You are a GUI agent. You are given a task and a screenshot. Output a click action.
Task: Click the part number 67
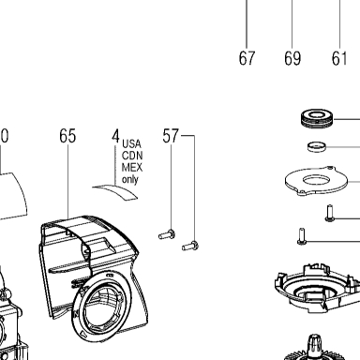point(247,58)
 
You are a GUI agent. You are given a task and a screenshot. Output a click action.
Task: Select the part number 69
point(292,58)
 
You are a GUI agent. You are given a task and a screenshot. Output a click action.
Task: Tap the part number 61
point(339,58)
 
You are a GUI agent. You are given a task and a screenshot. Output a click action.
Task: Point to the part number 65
point(67,136)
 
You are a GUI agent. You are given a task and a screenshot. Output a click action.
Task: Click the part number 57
point(171,136)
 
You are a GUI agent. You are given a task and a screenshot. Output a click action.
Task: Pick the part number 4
point(116,136)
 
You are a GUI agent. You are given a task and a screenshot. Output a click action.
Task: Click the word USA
point(131,143)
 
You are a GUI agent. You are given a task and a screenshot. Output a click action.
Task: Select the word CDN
point(132,156)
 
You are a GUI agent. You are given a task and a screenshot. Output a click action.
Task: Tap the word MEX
point(132,168)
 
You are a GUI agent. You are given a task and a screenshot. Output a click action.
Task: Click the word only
point(130,180)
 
